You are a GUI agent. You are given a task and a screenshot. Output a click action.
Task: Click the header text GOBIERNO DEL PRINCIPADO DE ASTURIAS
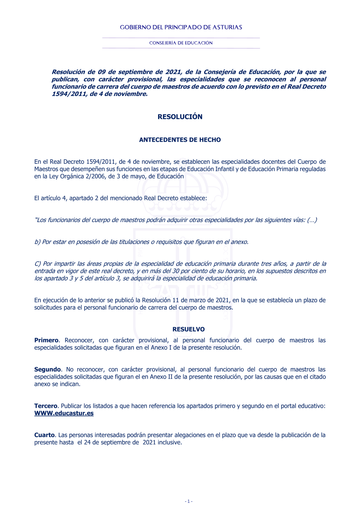181,27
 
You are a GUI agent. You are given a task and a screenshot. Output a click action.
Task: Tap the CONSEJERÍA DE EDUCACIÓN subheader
181,43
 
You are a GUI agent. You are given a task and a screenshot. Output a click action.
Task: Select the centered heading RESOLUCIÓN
180,117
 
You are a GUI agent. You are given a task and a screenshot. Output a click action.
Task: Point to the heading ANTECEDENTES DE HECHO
180,140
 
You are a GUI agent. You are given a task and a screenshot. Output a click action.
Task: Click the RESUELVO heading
188,329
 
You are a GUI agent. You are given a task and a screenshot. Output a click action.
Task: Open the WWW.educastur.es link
64,413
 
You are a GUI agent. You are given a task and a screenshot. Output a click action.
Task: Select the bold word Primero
46,340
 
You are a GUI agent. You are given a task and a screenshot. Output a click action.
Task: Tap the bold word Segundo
48,369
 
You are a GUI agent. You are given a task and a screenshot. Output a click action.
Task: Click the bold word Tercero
46,406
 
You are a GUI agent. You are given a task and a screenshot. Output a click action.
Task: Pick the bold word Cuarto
44,435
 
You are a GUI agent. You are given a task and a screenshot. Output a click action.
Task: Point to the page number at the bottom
189,501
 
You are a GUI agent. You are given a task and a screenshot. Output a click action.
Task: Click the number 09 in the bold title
102,72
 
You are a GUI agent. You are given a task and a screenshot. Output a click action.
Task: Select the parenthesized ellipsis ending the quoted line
312,220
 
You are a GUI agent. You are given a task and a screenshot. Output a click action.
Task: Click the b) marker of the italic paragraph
37,242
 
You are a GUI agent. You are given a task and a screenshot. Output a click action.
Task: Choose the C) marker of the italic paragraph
38,264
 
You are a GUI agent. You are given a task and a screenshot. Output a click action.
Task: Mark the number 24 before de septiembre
87,442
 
